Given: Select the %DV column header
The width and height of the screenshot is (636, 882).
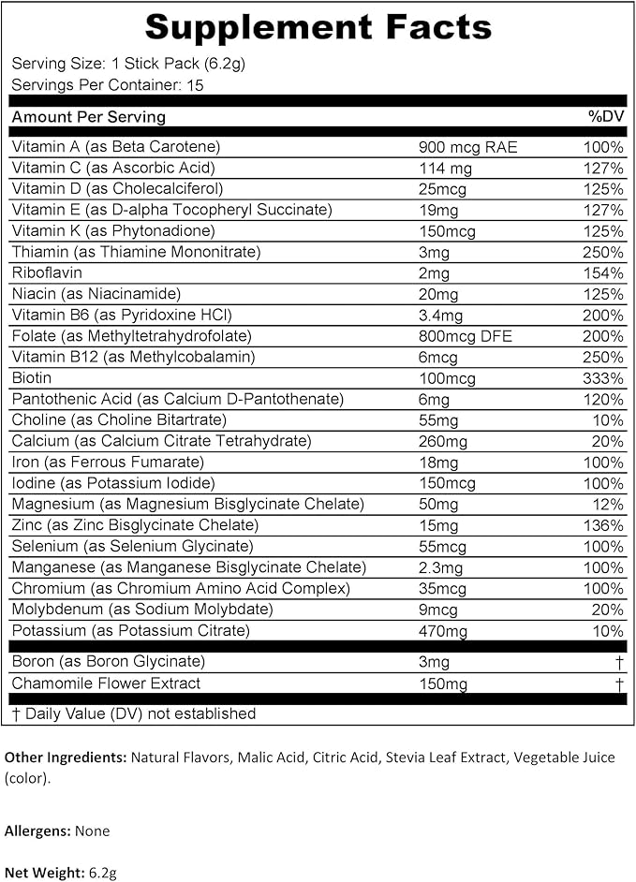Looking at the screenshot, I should click(x=604, y=117).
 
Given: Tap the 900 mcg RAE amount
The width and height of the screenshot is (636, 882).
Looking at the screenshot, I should click(x=467, y=147).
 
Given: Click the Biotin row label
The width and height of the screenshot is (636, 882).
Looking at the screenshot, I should click(x=32, y=378).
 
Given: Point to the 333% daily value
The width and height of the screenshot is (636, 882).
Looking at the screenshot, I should click(x=603, y=378).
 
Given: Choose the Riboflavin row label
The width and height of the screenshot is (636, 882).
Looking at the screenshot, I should click(x=46, y=273).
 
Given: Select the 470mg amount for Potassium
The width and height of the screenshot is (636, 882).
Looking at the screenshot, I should click(x=442, y=631).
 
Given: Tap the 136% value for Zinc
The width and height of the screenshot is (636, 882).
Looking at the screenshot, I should click(x=603, y=525).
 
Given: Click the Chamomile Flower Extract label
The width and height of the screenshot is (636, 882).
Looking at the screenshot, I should click(x=106, y=684).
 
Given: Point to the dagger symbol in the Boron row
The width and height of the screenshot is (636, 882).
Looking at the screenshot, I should click(x=619, y=662).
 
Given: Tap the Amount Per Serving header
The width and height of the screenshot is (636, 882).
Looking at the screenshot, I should click(x=88, y=117).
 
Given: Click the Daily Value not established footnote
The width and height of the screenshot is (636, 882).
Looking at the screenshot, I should click(x=133, y=713).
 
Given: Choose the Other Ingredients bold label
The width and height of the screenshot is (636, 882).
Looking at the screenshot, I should click(x=66, y=757).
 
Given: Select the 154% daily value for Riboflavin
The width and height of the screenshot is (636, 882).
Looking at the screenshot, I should click(x=603, y=273).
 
